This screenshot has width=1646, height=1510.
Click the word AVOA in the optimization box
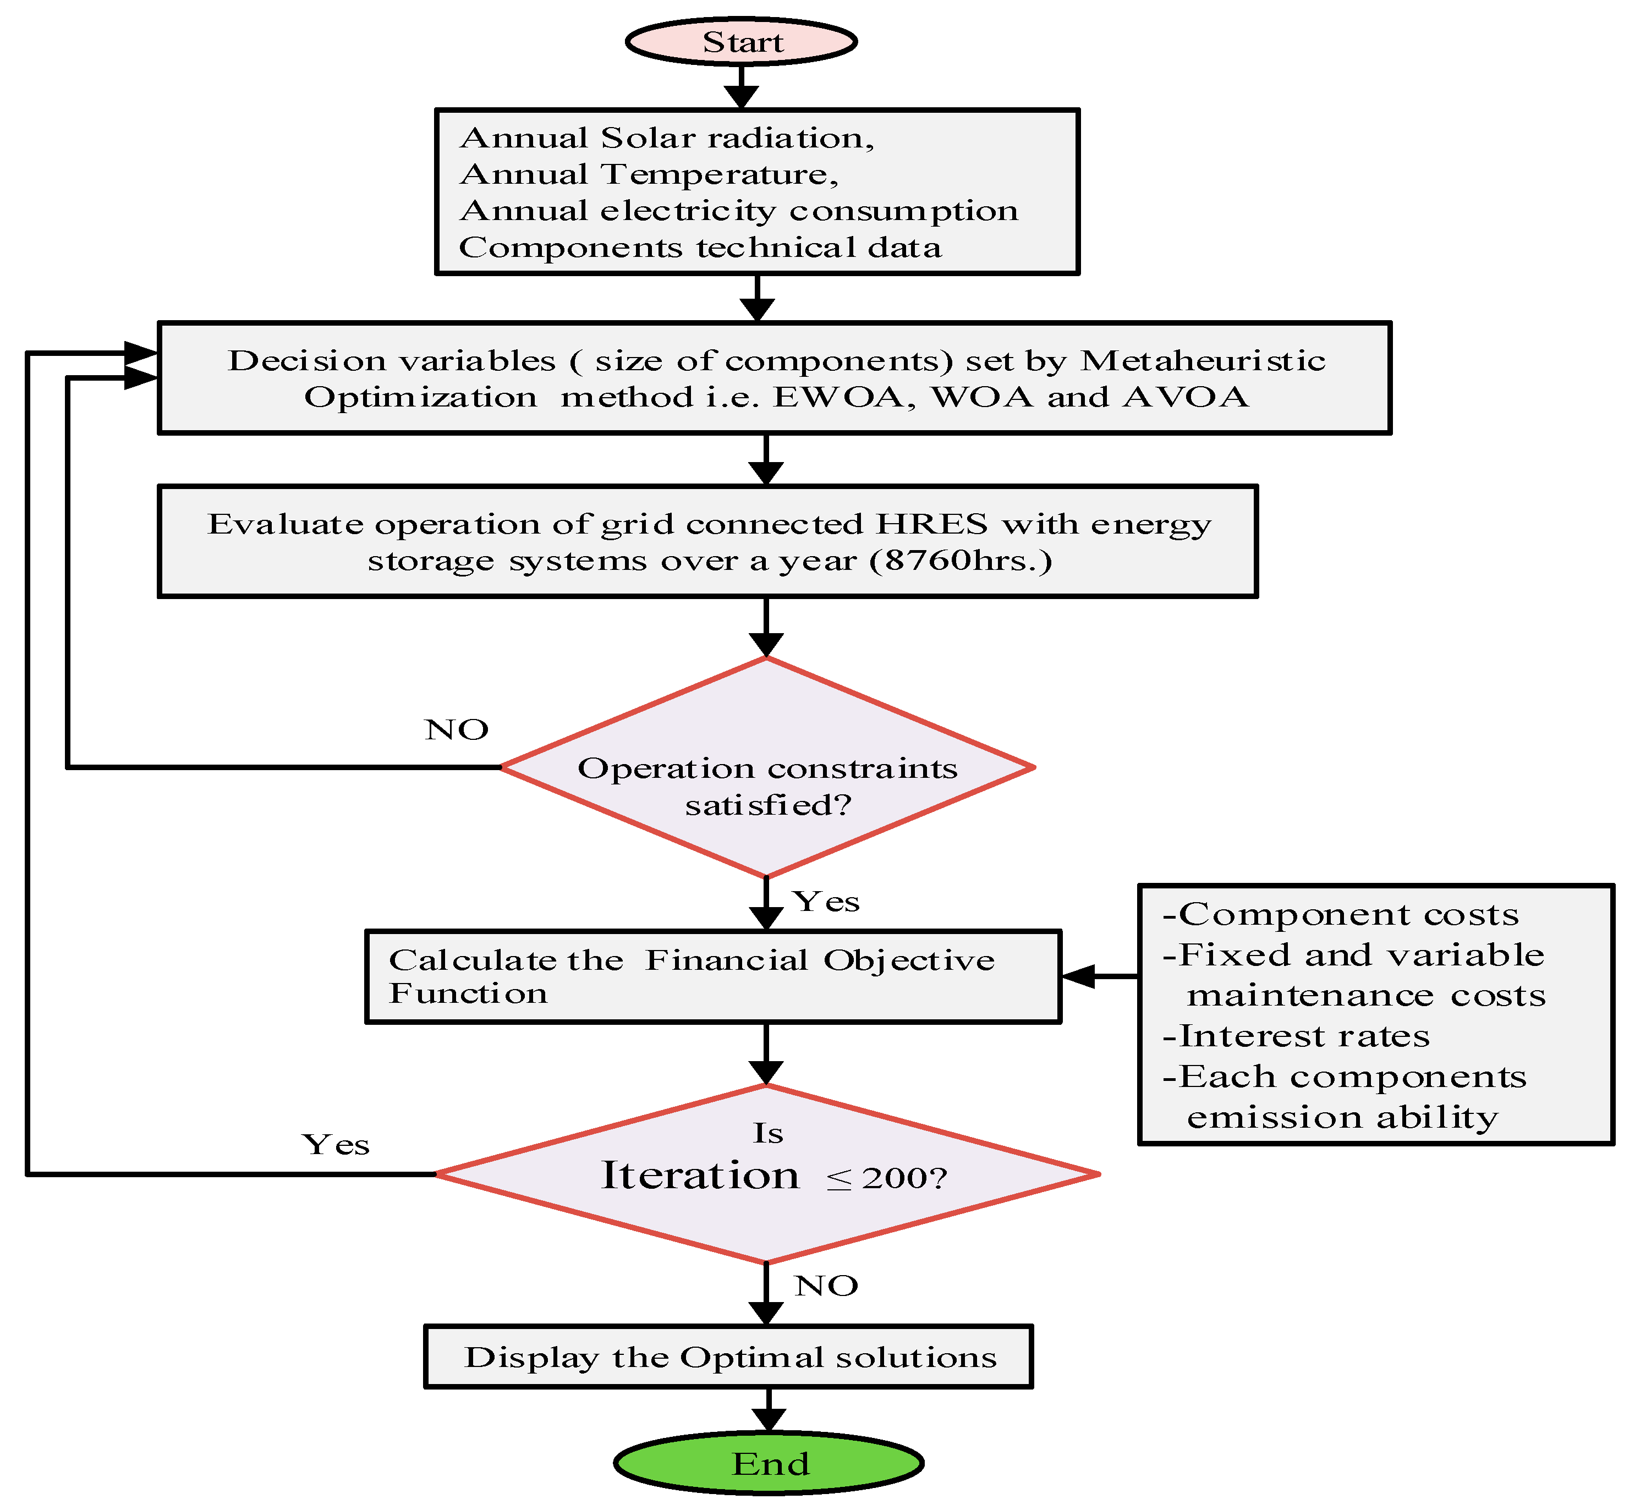1185,397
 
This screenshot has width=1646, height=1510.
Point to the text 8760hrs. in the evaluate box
961,561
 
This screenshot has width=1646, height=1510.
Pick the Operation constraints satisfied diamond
766,768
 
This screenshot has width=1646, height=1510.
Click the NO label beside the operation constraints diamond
456,729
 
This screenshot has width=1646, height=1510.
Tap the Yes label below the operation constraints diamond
825,901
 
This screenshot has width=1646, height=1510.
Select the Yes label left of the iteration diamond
335,1145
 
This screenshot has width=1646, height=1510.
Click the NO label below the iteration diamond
825,1286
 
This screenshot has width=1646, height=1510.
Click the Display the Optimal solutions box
728,1357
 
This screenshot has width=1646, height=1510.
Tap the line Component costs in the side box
1340,914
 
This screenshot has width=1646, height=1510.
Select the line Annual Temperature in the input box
650,174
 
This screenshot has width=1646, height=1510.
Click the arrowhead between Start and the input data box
740,96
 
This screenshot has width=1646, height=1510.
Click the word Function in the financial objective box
468,993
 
